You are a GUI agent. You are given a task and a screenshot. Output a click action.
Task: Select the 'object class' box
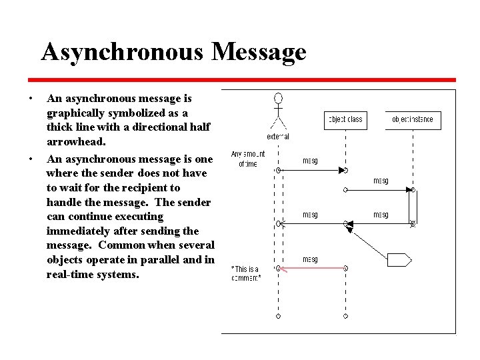(x=345, y=120)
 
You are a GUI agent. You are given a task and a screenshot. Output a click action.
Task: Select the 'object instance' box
(x=413, y=120)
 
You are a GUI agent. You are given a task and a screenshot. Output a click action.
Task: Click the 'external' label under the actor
(x=278, y=137)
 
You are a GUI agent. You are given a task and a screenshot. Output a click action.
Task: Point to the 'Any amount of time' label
(x=248, y=159)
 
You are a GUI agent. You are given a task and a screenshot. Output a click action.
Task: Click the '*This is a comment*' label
(x=245, y=273)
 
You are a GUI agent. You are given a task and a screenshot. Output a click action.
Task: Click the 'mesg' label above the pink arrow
(x=310, y=259)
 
